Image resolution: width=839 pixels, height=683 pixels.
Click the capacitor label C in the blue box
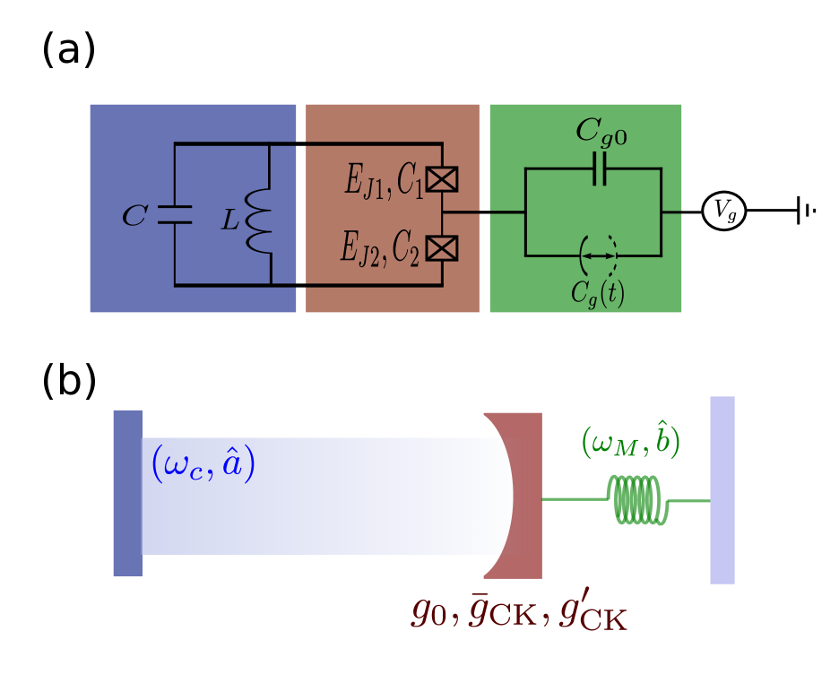[134, 216]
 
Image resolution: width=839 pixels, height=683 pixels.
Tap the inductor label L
[231, 220]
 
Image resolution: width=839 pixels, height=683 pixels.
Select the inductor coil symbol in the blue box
[259, 220]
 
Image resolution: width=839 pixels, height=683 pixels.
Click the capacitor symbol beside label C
[174, 215]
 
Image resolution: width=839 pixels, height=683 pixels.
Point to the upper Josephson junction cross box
[441, 179]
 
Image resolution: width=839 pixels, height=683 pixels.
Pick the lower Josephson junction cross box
[441, 247]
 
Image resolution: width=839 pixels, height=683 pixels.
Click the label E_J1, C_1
[384, 181]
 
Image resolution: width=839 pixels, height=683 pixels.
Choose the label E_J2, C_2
[379, 248]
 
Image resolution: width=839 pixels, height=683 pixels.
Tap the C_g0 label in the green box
[601, 132]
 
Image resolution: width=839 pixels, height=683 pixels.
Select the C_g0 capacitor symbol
[599, 169]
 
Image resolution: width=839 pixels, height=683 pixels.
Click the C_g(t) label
[598, 294]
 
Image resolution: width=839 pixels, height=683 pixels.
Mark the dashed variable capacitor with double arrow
[598, 255]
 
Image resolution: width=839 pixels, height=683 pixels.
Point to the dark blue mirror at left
[127, 493]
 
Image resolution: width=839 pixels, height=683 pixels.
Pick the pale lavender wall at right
[722, 490]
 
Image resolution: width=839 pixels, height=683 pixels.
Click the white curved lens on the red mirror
[496, 496]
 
